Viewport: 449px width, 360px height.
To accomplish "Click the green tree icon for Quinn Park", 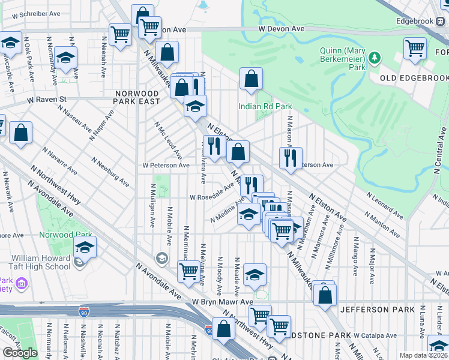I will click(375, 58).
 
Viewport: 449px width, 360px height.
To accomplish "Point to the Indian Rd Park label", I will click(265, 106).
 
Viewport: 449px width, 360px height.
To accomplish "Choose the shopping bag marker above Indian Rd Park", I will click(251, 78).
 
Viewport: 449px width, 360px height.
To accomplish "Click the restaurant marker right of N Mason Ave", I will click(290, 158).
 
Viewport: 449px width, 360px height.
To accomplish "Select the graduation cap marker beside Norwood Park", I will click(85, 247).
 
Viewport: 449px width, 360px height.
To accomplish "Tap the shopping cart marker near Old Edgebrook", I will click(415, 49).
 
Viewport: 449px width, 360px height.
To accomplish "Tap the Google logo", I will click(20, 352).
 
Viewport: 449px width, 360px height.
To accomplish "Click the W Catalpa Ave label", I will click(375, 335).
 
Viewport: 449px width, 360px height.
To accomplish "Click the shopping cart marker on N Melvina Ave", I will click(188, 272).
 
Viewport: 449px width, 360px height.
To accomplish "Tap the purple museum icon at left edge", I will click(22, 283).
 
